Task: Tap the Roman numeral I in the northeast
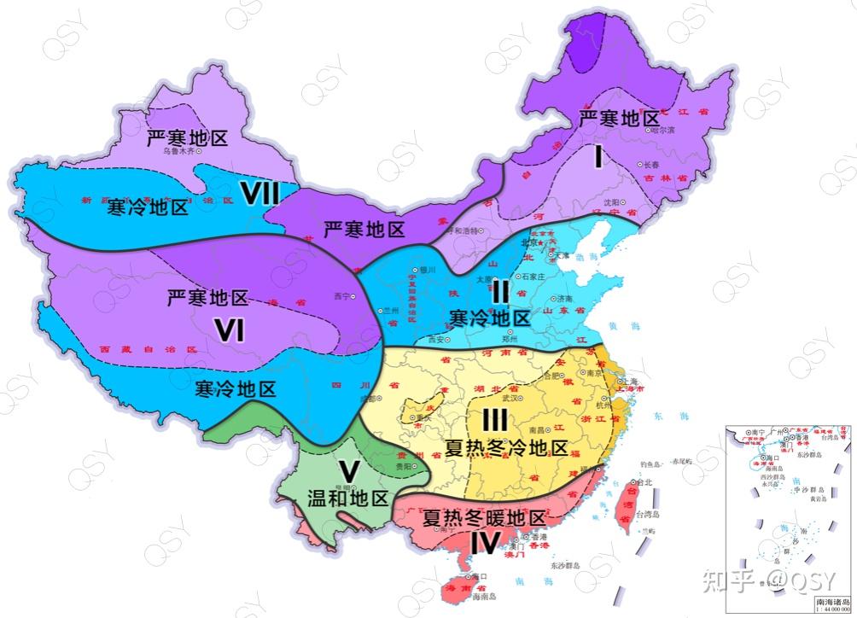click(599, 156)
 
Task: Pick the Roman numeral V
click(347, 471)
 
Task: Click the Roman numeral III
click(495, 420)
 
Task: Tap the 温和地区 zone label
click(348, 498)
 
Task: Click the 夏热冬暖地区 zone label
click(484, 518)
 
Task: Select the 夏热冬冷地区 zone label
click(506, 448)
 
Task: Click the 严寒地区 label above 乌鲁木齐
click(187, 137)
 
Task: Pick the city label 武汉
click(510, 398)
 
